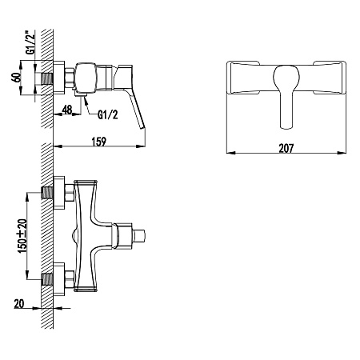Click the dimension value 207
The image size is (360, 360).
click(286, 148)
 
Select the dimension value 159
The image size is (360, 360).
click(99, 142)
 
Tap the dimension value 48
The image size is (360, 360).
click(67, 110)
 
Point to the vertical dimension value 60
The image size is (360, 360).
click(17, 78)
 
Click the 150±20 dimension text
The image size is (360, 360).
click(22, 236)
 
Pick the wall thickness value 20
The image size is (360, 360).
click(19, 304)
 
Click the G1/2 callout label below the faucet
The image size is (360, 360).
click(108, 115)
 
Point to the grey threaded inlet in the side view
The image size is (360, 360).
click(47, 79)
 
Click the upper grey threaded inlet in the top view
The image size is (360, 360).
click(47, 193)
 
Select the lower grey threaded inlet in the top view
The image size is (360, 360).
click(47, 279)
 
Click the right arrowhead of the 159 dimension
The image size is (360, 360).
click(141, 146)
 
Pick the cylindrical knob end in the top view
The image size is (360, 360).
click(139, 236)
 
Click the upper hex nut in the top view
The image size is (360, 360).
click(70, 193)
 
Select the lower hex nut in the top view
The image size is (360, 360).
click(70, 279)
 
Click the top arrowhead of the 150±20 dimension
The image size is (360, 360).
click(27, 197)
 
